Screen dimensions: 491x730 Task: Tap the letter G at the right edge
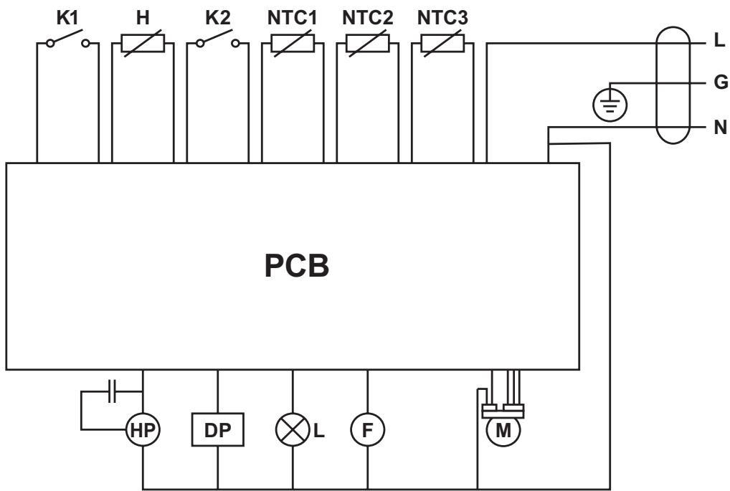(x=721, y=82)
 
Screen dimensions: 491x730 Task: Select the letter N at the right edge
(x=721, y=129)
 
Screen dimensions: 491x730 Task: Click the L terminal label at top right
(x=720, y=42)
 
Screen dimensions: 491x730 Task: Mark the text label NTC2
(x=366, y=18)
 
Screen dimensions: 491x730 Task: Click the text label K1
(x=67, y=18)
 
